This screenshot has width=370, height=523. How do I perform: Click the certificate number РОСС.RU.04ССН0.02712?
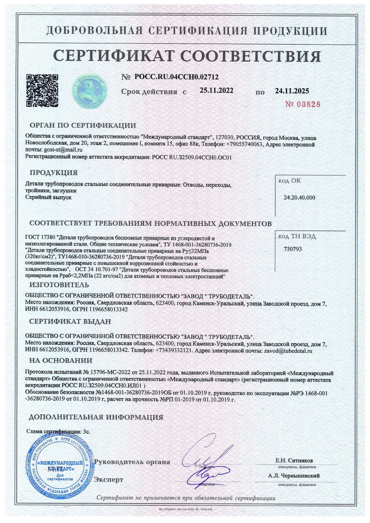pos(176,77)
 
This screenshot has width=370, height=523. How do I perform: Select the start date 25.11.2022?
pos(216,91)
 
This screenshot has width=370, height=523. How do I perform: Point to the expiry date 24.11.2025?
pos(292,91)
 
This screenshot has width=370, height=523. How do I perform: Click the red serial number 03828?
pos(303,104)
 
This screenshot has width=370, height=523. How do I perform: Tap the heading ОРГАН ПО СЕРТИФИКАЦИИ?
pos(83,125)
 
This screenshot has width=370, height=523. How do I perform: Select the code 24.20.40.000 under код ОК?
pos(299,197)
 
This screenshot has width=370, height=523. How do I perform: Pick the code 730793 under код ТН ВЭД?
pos(292,249)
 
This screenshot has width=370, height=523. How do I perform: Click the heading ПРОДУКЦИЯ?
pos(54,173)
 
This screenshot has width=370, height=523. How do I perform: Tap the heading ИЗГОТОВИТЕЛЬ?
pos(59,285)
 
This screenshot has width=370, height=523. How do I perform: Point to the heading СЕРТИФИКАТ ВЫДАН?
pos(70,321)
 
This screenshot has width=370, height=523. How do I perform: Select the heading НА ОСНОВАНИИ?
pos(61,360)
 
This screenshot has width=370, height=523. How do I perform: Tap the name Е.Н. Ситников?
pos(294,461)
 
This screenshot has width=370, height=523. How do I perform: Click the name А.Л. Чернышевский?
pos(294,476)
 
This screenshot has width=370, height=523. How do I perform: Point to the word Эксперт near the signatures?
pos(108,479)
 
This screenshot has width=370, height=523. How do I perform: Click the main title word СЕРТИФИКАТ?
pos(113,56)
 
